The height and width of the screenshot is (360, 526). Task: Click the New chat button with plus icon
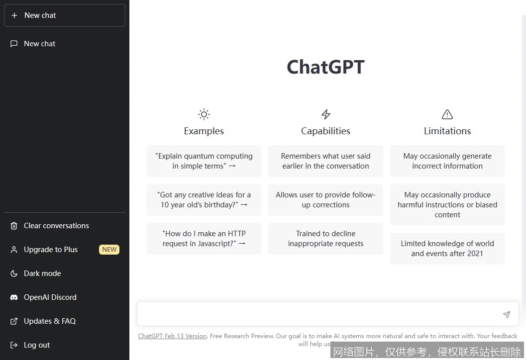coord(64,15)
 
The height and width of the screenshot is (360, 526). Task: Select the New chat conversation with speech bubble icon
coord(40,44)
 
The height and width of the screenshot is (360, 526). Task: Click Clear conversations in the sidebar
coord(56,226)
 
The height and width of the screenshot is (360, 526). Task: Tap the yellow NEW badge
coord(109,250)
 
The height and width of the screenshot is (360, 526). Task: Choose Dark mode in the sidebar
coord(42,273)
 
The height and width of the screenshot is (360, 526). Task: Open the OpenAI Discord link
coord(50,297)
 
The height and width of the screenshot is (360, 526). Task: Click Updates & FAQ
coord(50,321)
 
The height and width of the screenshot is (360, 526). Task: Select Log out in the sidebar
coord(37,345)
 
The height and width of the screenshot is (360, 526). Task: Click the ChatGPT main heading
coord(325,67)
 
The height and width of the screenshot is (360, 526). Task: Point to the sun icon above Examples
coord(204,114)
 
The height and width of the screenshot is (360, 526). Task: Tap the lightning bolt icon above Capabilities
coord(326,114)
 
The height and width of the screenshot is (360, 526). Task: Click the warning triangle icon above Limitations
coord(447,114)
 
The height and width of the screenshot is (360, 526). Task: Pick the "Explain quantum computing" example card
coord(204,161)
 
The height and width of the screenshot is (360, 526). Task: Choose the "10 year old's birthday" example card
coord(204,200)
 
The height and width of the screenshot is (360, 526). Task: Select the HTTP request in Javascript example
coord(204,239)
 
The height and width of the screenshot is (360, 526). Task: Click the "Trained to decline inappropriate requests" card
coord(325,239)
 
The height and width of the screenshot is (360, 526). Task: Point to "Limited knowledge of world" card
coord(447,249)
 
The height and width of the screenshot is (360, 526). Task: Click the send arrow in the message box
coord(507,314)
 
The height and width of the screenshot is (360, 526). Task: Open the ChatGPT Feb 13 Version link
coord(172,336)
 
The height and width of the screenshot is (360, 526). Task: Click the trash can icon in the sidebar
coord(14,226)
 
